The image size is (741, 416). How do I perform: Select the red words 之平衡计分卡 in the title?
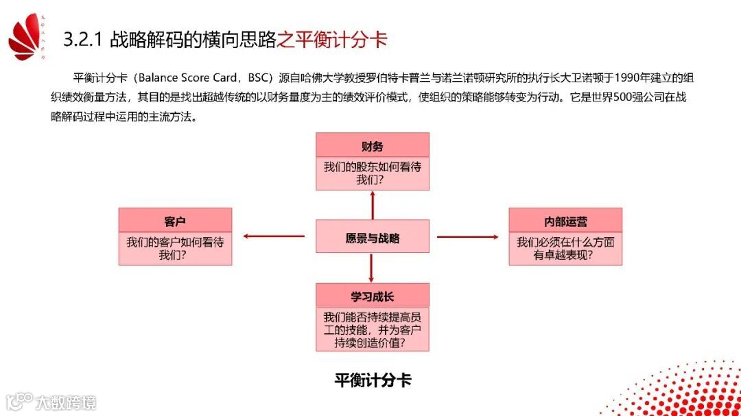point(332,39)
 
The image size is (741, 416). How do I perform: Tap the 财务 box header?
point(372,146)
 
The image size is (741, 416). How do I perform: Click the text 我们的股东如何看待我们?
point(372,173)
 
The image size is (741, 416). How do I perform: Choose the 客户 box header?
point(175,221)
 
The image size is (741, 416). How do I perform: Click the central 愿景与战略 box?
point(372,238)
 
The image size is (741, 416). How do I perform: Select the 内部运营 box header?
point(565,221)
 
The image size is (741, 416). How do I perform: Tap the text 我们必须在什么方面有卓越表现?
point(565,249)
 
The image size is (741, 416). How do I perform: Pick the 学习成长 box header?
point(372,297)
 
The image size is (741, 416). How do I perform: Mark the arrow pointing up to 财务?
point(373,205)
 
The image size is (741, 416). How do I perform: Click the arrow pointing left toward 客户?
point(274,237)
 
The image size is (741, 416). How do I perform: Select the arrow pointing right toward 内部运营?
point(468,237)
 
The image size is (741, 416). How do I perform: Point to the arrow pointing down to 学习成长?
point(372,268)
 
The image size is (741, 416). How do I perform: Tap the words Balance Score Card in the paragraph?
point(189,78)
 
